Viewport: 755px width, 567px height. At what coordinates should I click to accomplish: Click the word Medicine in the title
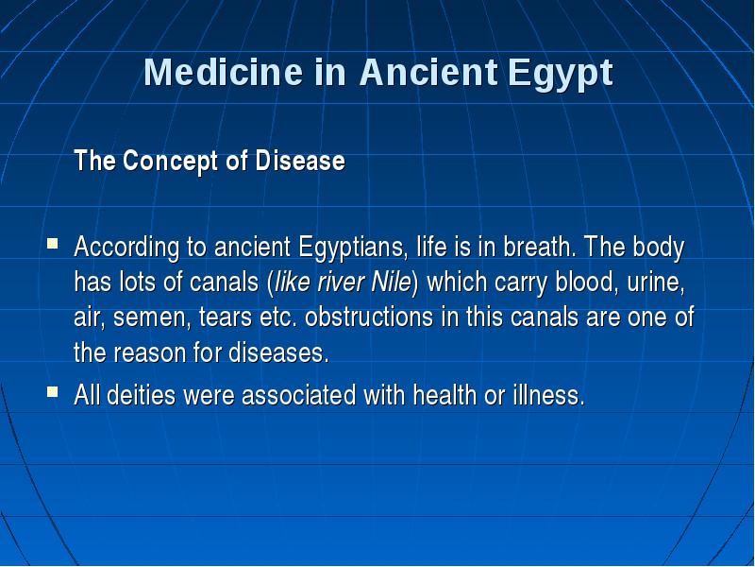point(224,73)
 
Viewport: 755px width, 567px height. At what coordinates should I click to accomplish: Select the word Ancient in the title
point(428,73)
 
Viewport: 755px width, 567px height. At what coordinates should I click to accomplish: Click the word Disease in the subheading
point(300,161)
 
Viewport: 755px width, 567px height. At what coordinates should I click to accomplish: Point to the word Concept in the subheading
point(170,162)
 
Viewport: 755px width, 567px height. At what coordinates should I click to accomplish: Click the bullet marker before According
point(53,242)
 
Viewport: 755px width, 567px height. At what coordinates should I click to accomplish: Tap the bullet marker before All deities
point(53,391)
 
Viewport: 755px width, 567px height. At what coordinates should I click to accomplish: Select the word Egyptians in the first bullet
point(352,248)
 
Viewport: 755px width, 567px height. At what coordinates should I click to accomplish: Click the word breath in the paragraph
point(540,247)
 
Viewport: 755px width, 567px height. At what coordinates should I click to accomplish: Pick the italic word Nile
point(392,282)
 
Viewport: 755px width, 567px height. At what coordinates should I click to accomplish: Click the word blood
point(586,283)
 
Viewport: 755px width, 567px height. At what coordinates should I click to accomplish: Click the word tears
point(226,318)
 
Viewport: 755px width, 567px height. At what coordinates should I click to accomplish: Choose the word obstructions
point(369,318)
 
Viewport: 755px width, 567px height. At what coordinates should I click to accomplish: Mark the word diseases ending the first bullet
point(278,352)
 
